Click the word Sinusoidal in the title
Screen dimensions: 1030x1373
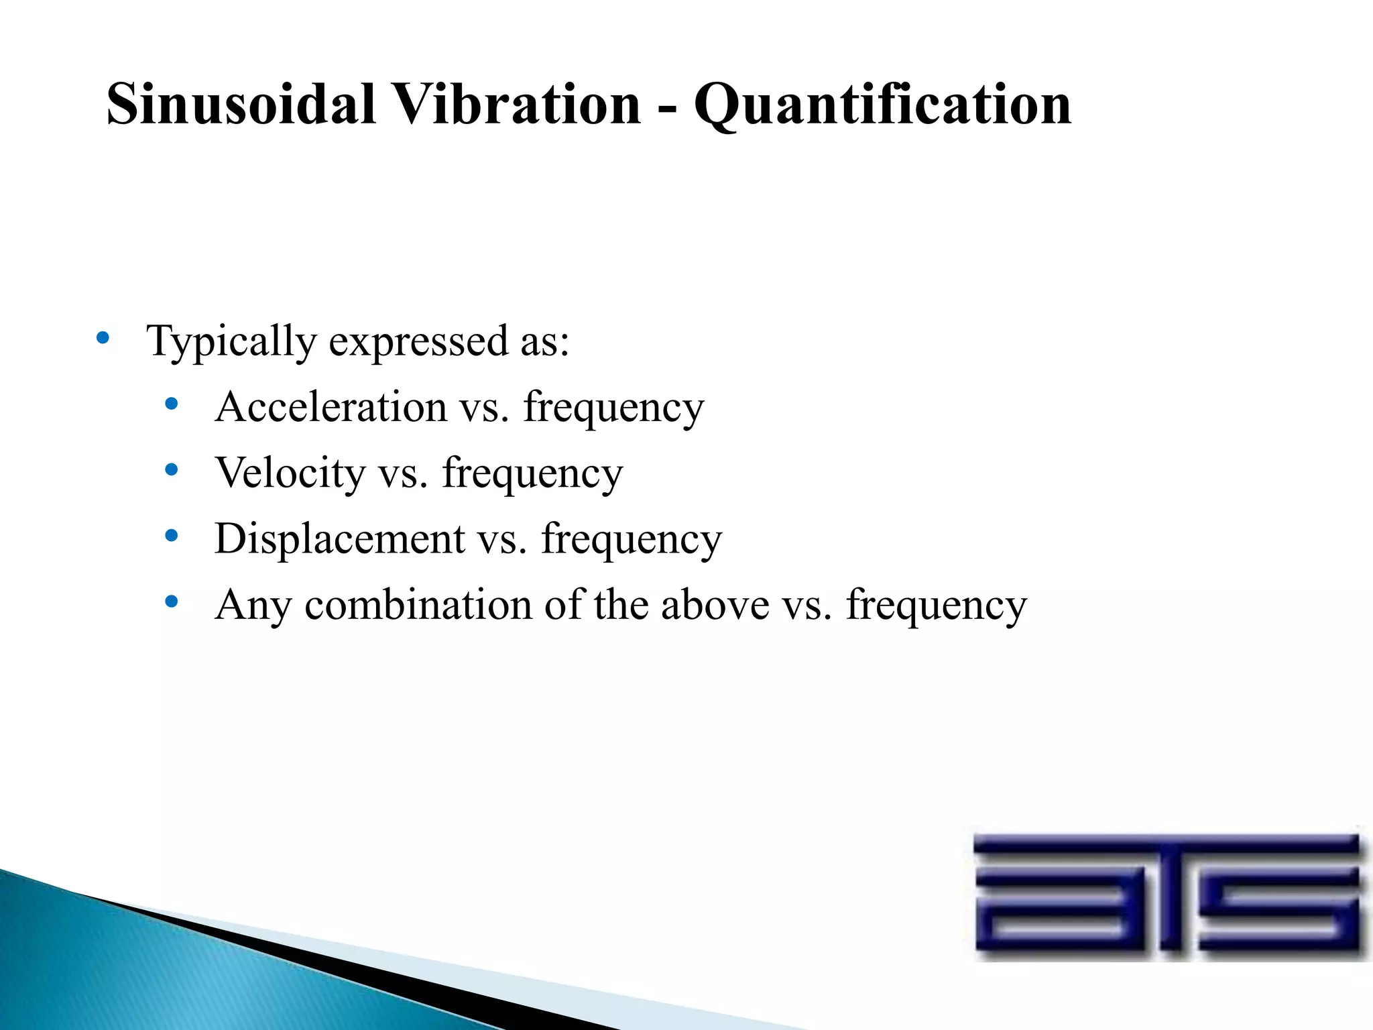[241, 104]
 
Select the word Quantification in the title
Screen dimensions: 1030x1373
[882, 105]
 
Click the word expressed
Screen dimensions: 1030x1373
[418, 343]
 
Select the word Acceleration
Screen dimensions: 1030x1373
[331, 406]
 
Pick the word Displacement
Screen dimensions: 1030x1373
[340, 538]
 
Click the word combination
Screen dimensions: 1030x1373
[419, 604]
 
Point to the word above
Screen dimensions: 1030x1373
[715, 604]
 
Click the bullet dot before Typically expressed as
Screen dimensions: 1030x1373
[103, 337]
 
